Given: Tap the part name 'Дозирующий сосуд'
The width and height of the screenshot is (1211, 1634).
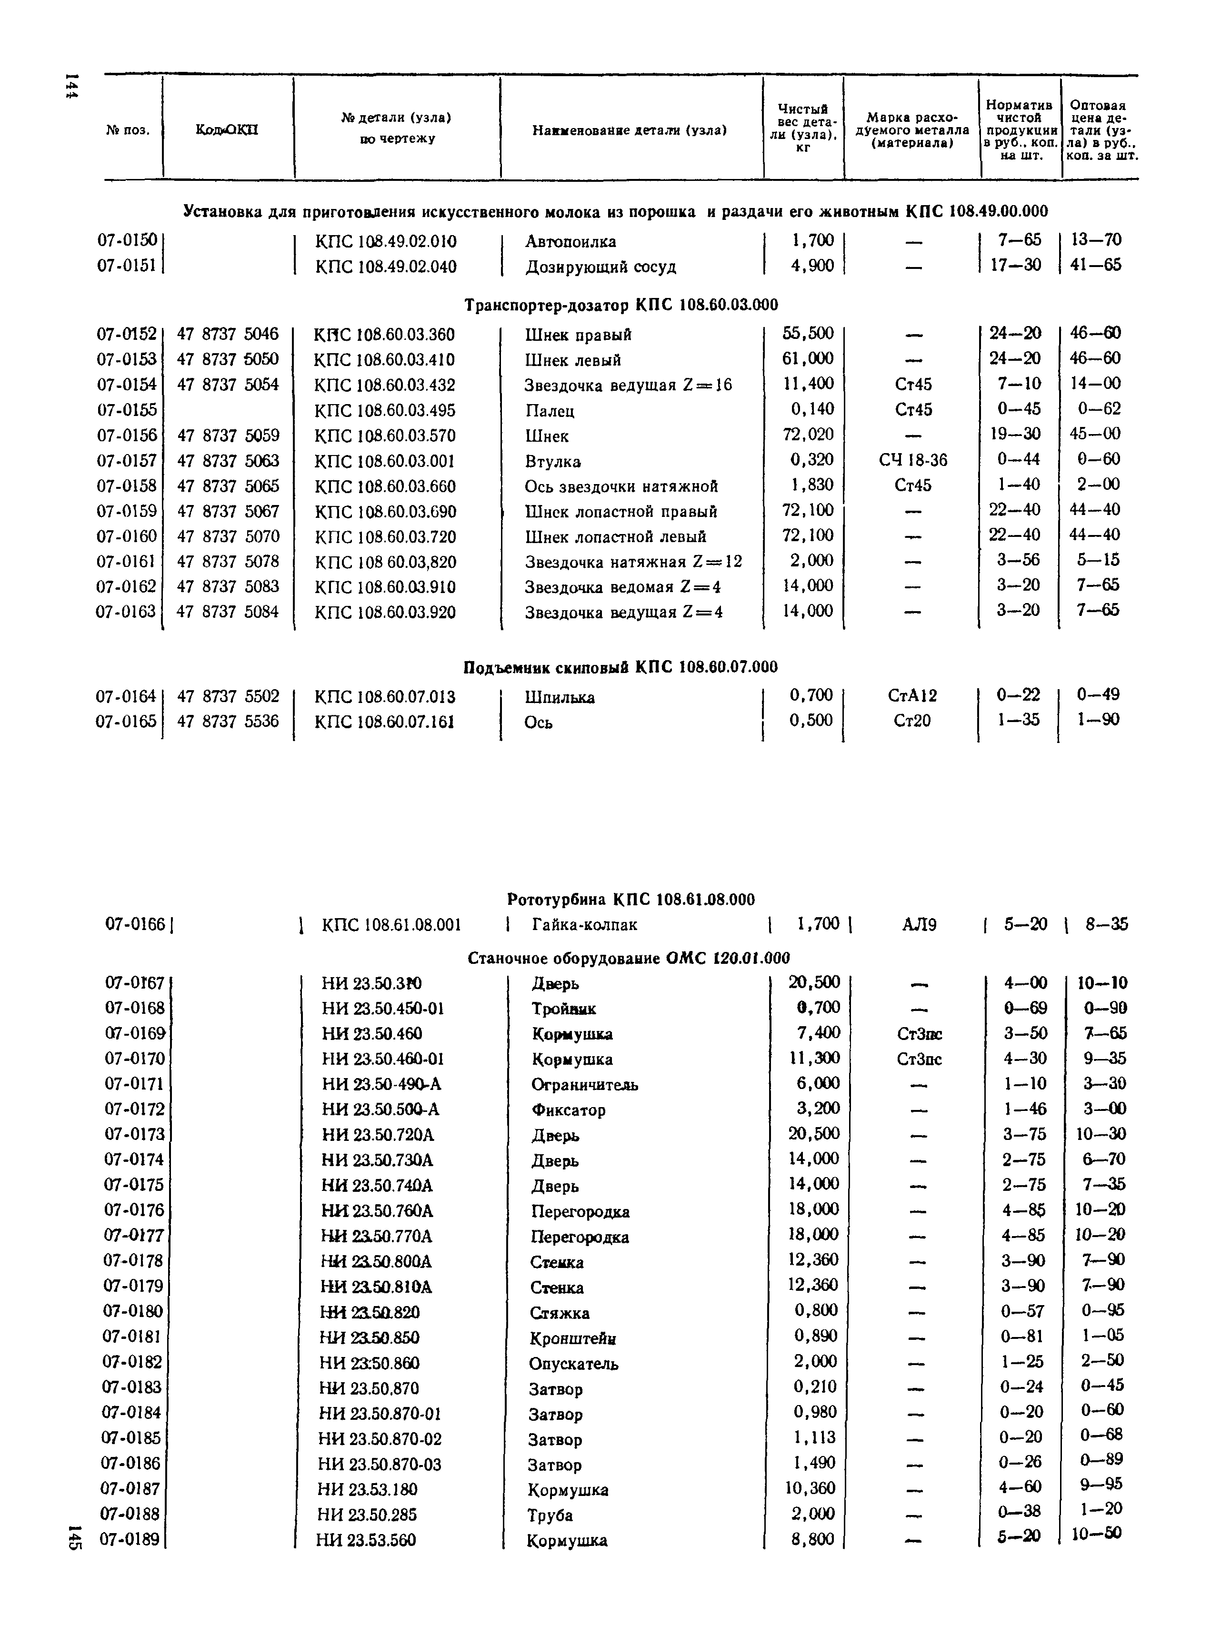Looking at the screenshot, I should [x=600, y=267].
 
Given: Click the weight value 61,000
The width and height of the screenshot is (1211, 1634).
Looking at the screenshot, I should [x=808, y=358].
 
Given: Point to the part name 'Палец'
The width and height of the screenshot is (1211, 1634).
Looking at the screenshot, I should [x=550, y=410].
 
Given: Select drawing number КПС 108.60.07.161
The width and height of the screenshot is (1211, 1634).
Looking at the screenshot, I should [x=384, y=722].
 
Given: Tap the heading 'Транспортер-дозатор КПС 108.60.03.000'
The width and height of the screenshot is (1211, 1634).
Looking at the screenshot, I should [x=621, y=304].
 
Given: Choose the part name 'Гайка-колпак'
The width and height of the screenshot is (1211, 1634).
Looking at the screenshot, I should [x=584, y=925].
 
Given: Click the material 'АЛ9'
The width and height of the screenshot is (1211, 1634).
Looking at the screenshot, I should [x=919, y=925].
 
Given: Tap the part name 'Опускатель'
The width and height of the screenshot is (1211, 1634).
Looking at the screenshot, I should [x=573, y=1364].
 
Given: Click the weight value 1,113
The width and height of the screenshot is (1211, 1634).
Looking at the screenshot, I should [x=814, y=1437].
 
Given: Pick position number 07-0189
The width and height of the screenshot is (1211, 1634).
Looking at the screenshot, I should [x=130, y=1539].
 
